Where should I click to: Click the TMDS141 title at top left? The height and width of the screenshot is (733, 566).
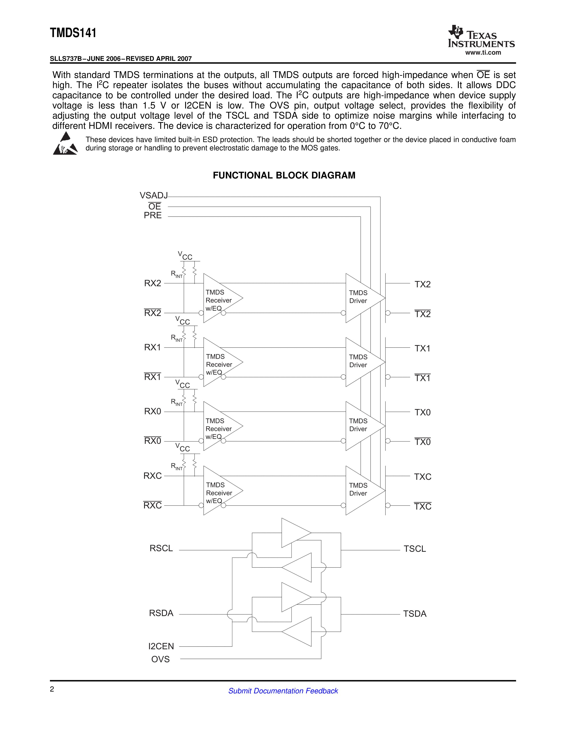click(73, 33)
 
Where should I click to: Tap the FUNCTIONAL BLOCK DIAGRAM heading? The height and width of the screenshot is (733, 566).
click(284, 175)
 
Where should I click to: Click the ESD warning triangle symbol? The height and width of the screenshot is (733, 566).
click(65, 144)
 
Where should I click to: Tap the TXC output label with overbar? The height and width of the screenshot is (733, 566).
click(422, 506)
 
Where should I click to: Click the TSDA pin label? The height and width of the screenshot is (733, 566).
click(415, 614)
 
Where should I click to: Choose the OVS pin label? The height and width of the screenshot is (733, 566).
click(160, 659)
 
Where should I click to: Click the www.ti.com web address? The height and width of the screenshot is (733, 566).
click(483, 53)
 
